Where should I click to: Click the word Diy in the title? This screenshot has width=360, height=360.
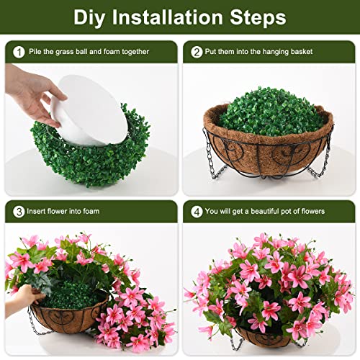point(91,17)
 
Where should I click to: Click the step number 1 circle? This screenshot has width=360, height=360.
point(17,51)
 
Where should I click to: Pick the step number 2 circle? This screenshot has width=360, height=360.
point(197,51)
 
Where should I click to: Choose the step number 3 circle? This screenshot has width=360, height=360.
point(17,211)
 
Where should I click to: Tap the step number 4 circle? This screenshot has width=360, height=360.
point(197,211)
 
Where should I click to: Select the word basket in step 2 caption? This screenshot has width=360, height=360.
point(315,51)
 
